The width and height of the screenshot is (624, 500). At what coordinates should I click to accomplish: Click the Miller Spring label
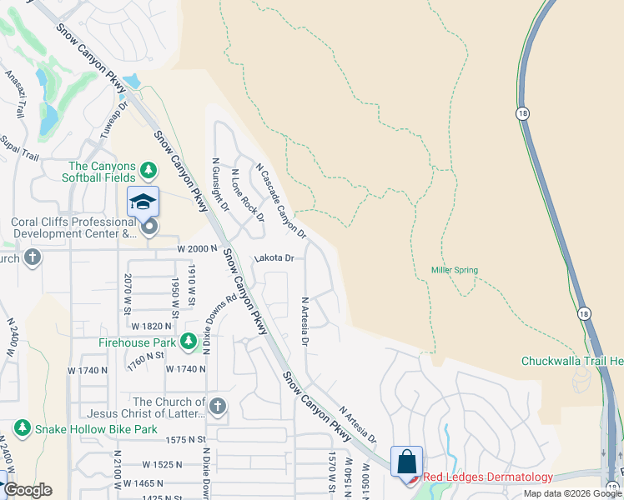pyautogui.click(x=454, y=270)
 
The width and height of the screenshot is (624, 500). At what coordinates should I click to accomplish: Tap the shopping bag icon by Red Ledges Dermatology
pyautogui.click(x=406, y=461)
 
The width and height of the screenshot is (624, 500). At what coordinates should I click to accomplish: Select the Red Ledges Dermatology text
pyautogui.click(x=488, y=477)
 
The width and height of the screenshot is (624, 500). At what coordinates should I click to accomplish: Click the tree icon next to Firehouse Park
pyautogui.click(x=189, y=342)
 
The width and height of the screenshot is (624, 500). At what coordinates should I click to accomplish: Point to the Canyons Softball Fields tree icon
pyautogui.click(x=148, y=171)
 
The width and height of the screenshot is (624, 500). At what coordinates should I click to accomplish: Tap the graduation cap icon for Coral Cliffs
pyautogui.click(x=143, y=202)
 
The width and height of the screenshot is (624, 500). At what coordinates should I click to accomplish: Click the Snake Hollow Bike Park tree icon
pyautogui.click(x=23, y=429)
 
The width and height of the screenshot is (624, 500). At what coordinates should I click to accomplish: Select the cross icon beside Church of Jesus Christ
pyautogui.click(x=217, y=407)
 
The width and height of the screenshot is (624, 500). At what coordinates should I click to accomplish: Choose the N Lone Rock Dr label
pyautogui.click(x=248, y=196)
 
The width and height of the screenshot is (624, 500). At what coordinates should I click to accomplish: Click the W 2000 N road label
pyautogui.click(x=196, y=249)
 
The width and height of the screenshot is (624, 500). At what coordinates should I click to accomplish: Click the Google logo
pyautogui.click(x=27, y=490)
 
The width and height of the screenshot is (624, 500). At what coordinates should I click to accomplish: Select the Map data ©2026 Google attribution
pyautogui.click(x=571, y=493)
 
